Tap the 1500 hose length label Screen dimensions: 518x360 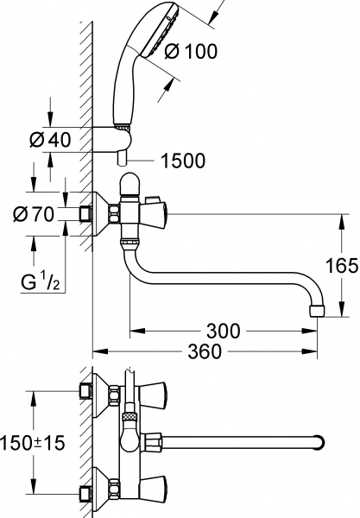[x=183, y=161]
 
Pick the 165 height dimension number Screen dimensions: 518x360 [x=344, y=266]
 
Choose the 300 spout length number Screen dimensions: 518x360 [x=224, y=331]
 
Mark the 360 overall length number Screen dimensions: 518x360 [x=205, y=352]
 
